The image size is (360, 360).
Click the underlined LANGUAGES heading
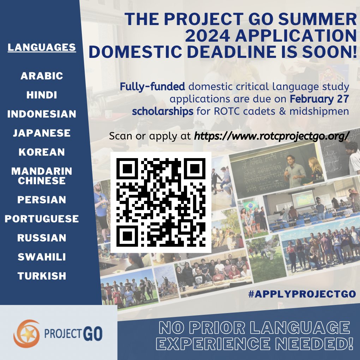coord(42,47)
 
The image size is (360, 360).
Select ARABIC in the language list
coord(42,76)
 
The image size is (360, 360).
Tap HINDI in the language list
coord(42,95)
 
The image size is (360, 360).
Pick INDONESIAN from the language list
coord(42,114)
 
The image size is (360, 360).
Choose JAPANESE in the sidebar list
coord(42,133)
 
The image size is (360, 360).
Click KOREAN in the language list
coord(42,152)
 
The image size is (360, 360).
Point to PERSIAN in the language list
coord(42,200)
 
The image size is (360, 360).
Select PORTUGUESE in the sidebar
coord(42,219)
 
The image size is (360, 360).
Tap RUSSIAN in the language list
coord(42,238)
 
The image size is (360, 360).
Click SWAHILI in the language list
coord(42,257)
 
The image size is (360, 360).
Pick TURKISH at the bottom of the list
coord(42,276)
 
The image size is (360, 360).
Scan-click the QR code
coord(161,202)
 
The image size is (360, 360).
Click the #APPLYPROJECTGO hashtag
coord(302,294)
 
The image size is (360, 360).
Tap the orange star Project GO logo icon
coord(27,333)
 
